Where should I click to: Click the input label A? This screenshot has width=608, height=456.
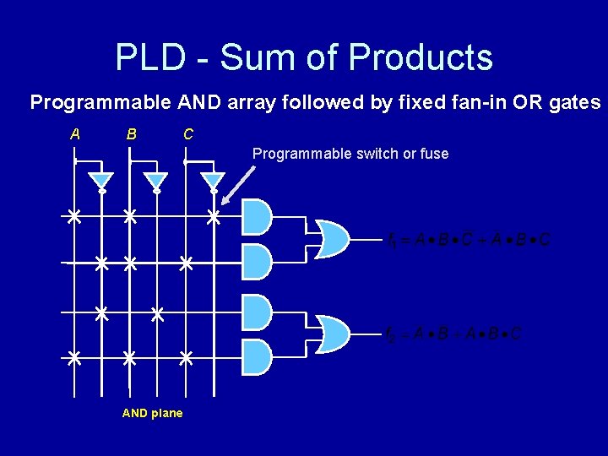pyautogui.click(x=75, y=133)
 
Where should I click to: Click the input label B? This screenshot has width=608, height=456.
pyautogui.click(x=131, y=133)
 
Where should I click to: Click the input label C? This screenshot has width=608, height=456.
pyautogui.click(x=187, y=133)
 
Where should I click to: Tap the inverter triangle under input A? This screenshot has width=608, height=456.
pyautogui.click(x=101, y=181)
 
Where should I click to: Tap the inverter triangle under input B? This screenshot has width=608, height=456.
pyautogui.click(x=157, y=181)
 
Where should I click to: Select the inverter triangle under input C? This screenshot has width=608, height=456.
pyautogui.click(x=214, y=181)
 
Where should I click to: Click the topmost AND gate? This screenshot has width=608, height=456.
pyautogui.click(x=256, y=217)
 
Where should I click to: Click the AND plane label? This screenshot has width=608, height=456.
pyautogui.click(x=152, y=413)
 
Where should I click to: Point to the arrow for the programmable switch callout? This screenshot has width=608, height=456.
pyautogui.click(x=239, y=183)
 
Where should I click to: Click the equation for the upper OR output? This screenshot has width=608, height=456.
pyautogui.click(x=468, y=240)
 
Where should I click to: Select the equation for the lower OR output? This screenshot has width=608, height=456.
pyautogui.click(x=453, y=334)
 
